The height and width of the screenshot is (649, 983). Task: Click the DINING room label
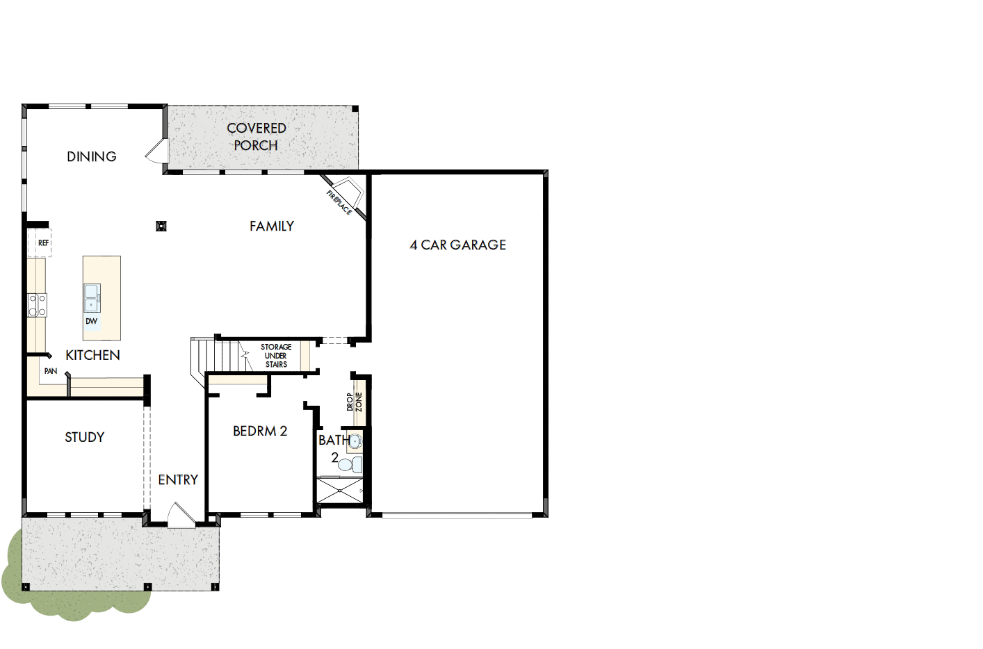point(92,156)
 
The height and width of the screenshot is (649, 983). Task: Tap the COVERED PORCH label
point(257,137)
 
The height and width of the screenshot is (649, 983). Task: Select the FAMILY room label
point(272,226)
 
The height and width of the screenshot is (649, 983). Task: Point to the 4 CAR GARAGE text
point(458,245)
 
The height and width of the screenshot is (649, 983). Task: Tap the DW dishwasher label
point(92,321)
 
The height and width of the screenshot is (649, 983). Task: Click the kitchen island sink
point(92,297)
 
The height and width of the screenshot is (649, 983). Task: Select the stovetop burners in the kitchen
point(37,305)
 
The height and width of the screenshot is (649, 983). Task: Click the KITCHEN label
point(92,355)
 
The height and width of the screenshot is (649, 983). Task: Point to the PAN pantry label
point(51,371)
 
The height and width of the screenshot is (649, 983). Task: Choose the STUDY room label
point(85,437)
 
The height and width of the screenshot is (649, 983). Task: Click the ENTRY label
point(178,479)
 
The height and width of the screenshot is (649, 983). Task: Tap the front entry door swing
point(179,516)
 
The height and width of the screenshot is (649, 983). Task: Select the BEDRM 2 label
point(260,431)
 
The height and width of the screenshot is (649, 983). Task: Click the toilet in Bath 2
point(352,464)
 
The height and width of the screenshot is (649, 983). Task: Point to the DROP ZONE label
point(355,402)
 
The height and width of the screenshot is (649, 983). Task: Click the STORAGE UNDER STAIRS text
point(276,355)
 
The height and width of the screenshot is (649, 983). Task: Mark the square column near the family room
point(161,226)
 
